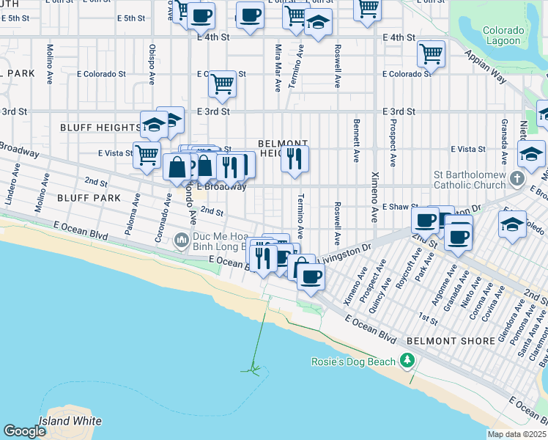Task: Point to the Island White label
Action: point(70,421)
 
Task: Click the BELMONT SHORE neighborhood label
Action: point(440,341)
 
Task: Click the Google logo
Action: point(24,431)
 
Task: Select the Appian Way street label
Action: point(489,63)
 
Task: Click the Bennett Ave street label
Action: point(356,140)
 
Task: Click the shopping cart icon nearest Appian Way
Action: point(432,54)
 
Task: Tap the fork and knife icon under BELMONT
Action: point(295,159)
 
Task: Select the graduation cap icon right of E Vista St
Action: point(531,153)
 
